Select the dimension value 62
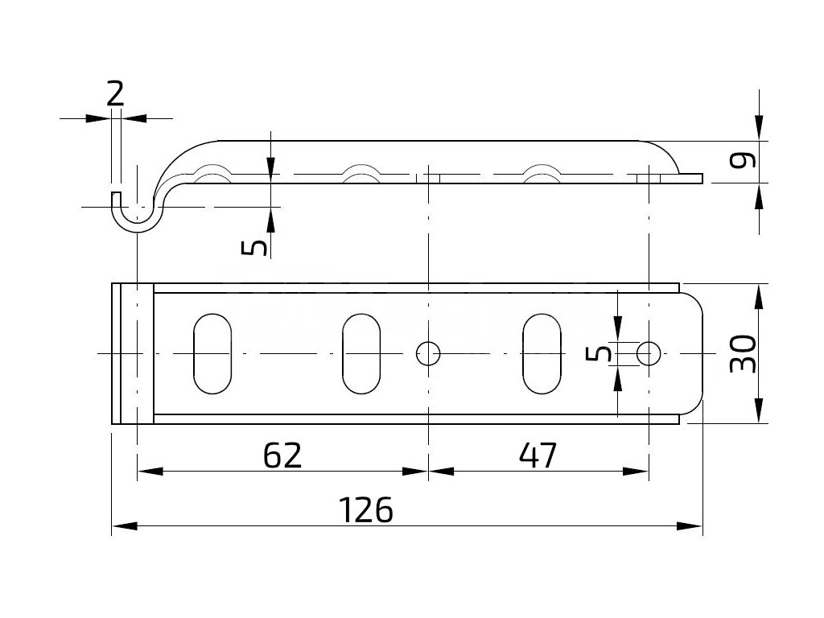[x=282, y=455]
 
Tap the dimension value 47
[x=538, y=455]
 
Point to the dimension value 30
[x=744, y=352]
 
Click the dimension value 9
[x=746, y=161]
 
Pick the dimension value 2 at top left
[x=115, y=94]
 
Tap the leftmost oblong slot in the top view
[x=212, y=352]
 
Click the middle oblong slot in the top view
[x=361, y=352]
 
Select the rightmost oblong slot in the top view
[x=542, y=352]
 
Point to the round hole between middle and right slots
[x=428, y=352]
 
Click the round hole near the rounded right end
[x=649, y=352]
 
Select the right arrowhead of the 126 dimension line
[x=692, y=526]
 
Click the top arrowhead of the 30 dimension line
[x=758, y=294]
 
